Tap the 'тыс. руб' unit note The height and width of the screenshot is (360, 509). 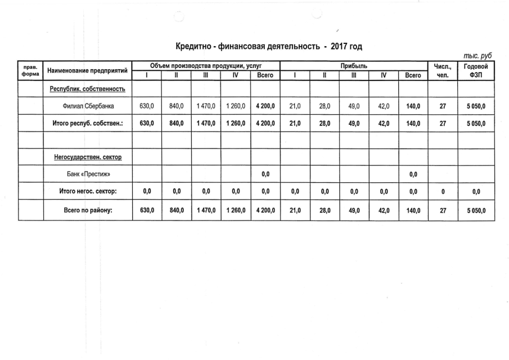[478, 56]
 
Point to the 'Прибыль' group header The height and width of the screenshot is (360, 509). [354, 66]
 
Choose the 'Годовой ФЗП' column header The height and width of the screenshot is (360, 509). [476, 71]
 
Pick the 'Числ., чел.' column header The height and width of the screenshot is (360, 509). [442, 71]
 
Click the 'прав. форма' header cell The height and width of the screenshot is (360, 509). [30, 71]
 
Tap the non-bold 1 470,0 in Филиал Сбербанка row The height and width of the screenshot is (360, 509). [205, 106]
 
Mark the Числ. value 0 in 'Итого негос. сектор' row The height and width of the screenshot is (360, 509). [442, 192]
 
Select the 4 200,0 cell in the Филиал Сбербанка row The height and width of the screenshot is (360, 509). [264, 106]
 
